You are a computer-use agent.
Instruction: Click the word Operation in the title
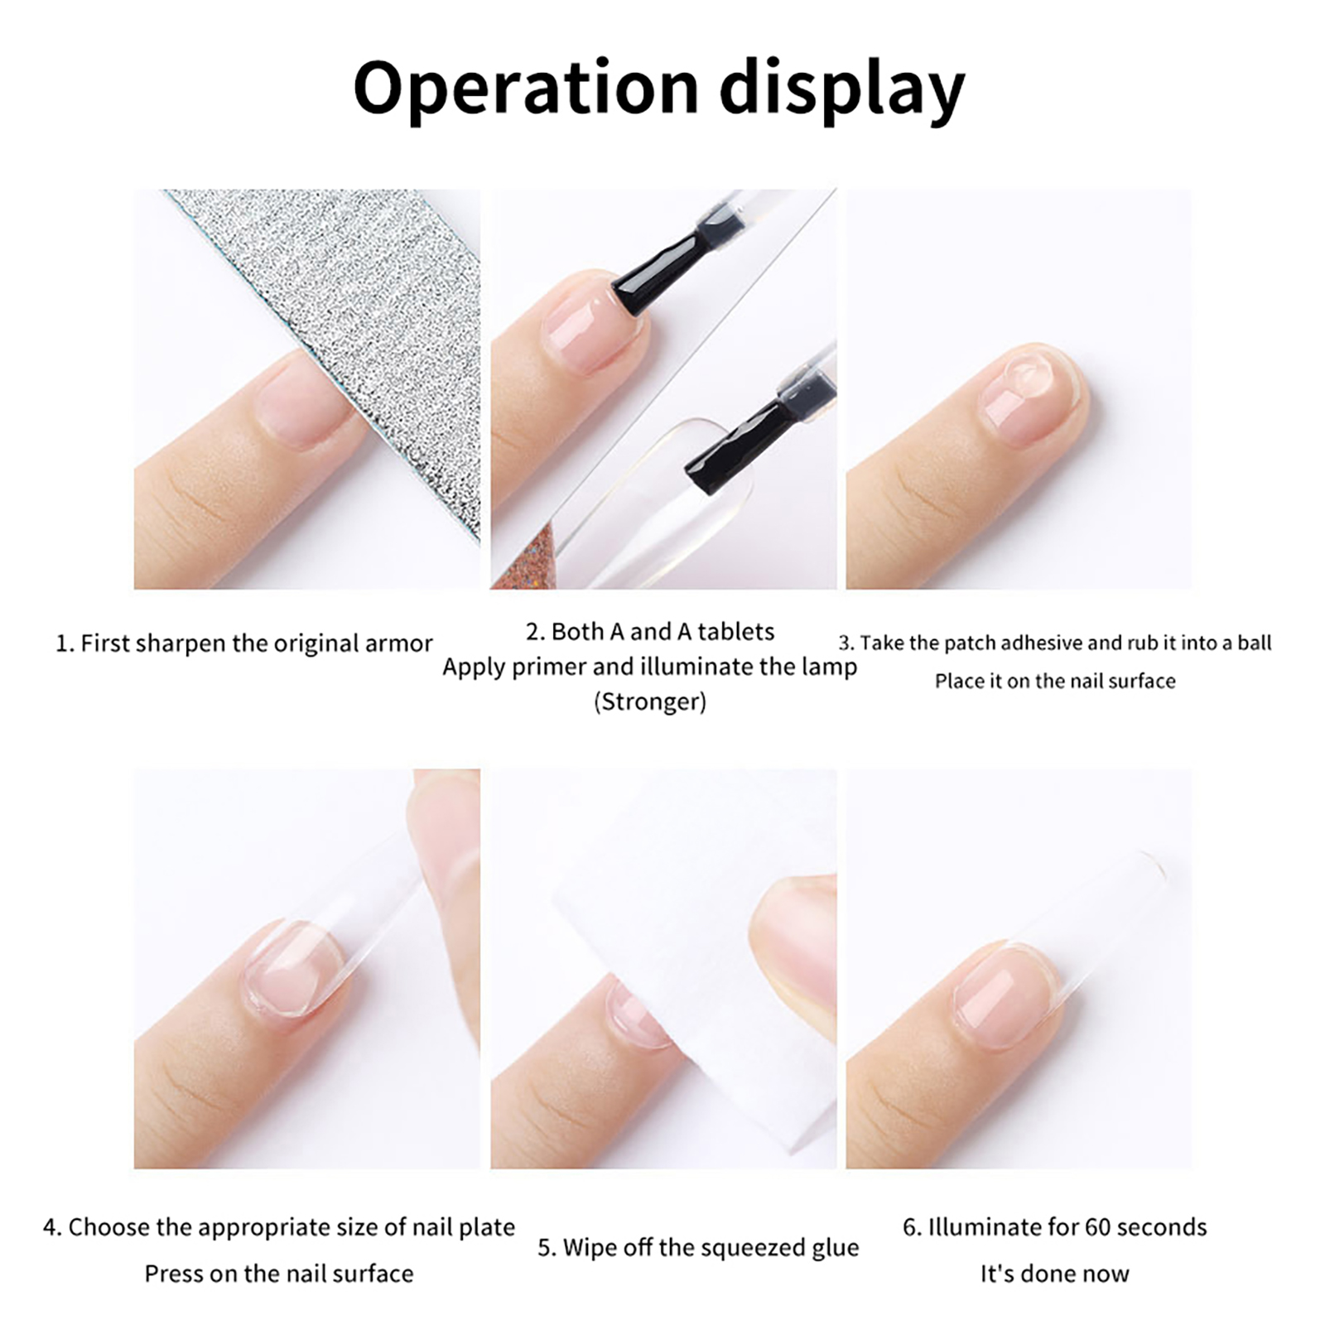tap(526, 88)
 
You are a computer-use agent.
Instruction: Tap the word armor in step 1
tap(399, 643)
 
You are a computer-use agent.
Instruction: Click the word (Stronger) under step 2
tap(650, 701)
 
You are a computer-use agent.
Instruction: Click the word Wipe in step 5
tap(590, 1247)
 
